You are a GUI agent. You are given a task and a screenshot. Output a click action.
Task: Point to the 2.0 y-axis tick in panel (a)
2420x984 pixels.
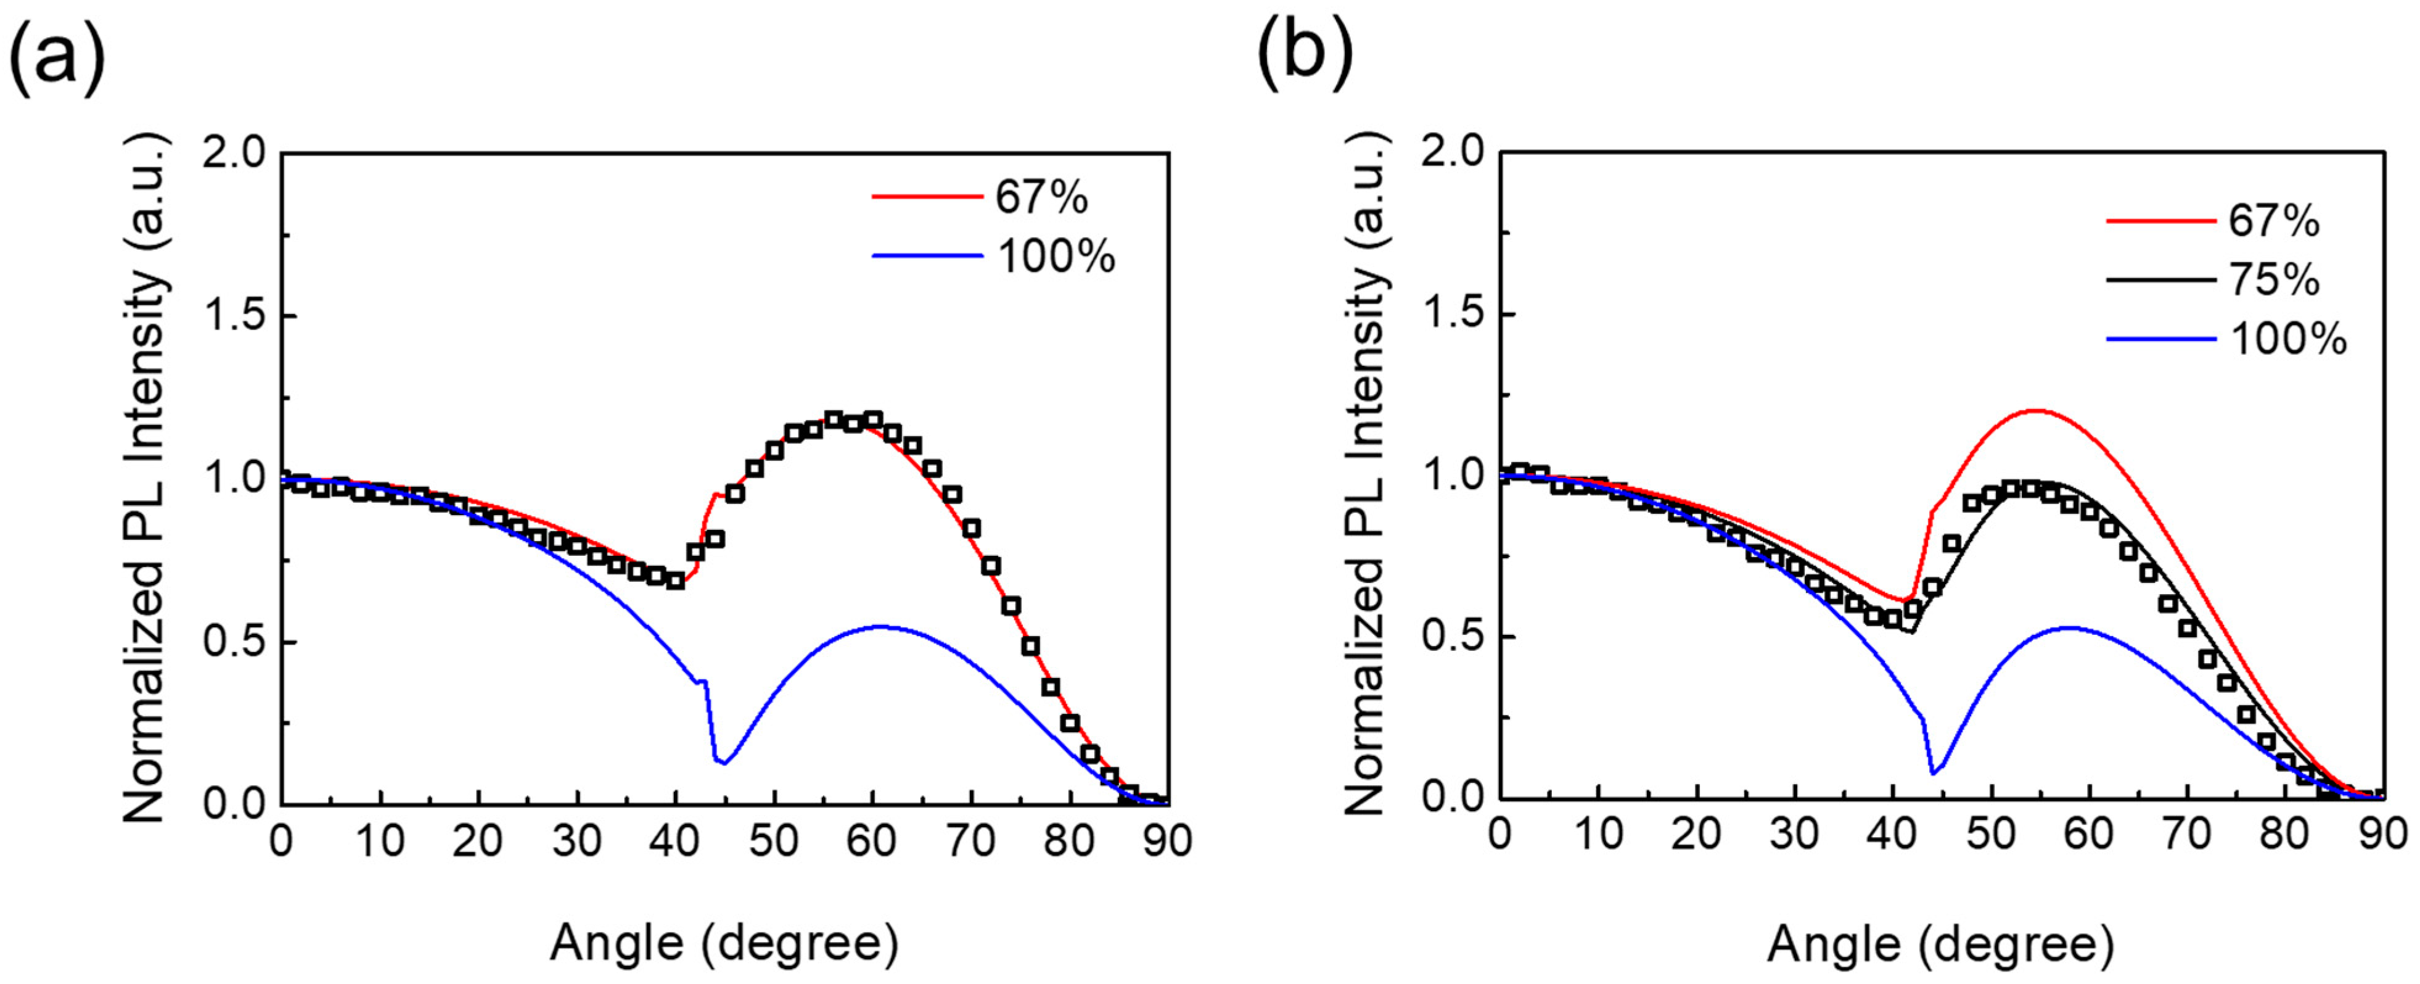click(234, 153)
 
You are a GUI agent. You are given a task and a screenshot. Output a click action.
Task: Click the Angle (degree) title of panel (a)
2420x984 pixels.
click(723, 943)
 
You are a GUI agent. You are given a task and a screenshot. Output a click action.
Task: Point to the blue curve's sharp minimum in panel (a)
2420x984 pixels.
click(723, 762)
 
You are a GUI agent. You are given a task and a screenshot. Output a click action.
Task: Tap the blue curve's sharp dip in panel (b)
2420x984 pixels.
click(1934, 772)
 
